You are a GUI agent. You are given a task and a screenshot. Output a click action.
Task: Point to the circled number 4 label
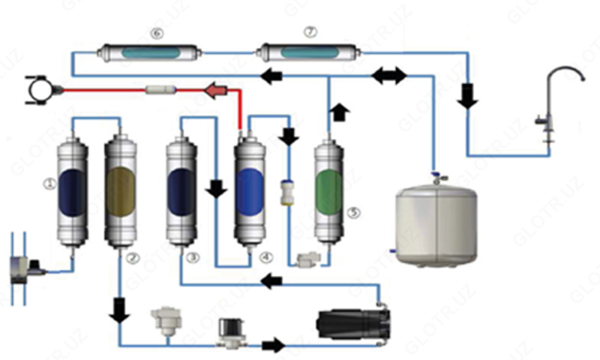[264, 257]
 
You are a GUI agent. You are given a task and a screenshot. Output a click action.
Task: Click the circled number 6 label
[156, 32]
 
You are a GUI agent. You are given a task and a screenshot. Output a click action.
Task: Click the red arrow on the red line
[218, 91]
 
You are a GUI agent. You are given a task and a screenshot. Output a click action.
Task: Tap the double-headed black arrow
[388, 75]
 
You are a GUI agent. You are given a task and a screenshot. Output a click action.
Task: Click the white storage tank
[435, 221]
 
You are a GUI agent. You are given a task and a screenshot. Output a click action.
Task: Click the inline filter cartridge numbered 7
[308, 52]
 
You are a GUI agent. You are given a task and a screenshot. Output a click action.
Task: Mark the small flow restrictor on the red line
[160, 90]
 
